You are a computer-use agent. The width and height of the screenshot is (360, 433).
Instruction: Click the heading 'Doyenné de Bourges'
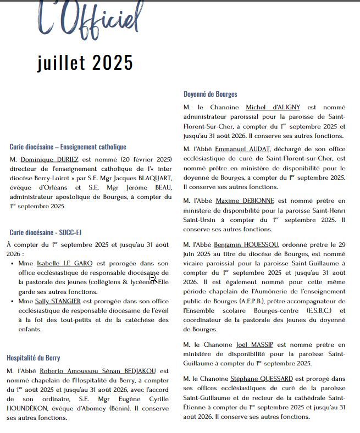(211, 94)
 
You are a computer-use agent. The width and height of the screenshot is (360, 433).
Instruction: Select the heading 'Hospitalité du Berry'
(34, 358)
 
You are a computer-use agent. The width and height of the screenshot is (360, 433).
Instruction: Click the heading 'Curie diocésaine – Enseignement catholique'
(68, 147)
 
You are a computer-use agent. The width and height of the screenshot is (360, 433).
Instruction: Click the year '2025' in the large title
(112, 63)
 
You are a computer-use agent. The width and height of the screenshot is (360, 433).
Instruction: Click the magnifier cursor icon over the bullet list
(153, 278)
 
